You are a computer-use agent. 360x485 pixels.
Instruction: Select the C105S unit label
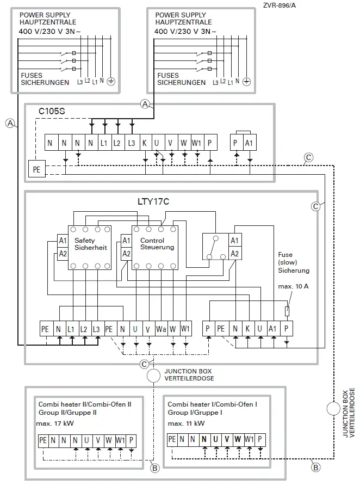click(52, 111)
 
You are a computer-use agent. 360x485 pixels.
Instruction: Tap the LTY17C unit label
click(153, 201)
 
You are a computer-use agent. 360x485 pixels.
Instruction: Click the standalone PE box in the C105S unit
click(36, 169)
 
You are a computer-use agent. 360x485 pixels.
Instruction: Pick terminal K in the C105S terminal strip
click(145, 143)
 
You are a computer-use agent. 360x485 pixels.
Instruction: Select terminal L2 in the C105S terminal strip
click(117, 143)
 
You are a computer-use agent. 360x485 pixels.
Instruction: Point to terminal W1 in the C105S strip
click(196, 143)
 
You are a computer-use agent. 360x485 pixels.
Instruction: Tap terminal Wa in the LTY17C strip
click(160, 329)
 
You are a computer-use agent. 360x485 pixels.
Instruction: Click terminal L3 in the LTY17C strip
click(97, 329)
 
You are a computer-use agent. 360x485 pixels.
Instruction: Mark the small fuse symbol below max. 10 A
click(287, 311)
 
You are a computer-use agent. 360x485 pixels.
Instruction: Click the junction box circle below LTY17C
click(154, 376)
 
